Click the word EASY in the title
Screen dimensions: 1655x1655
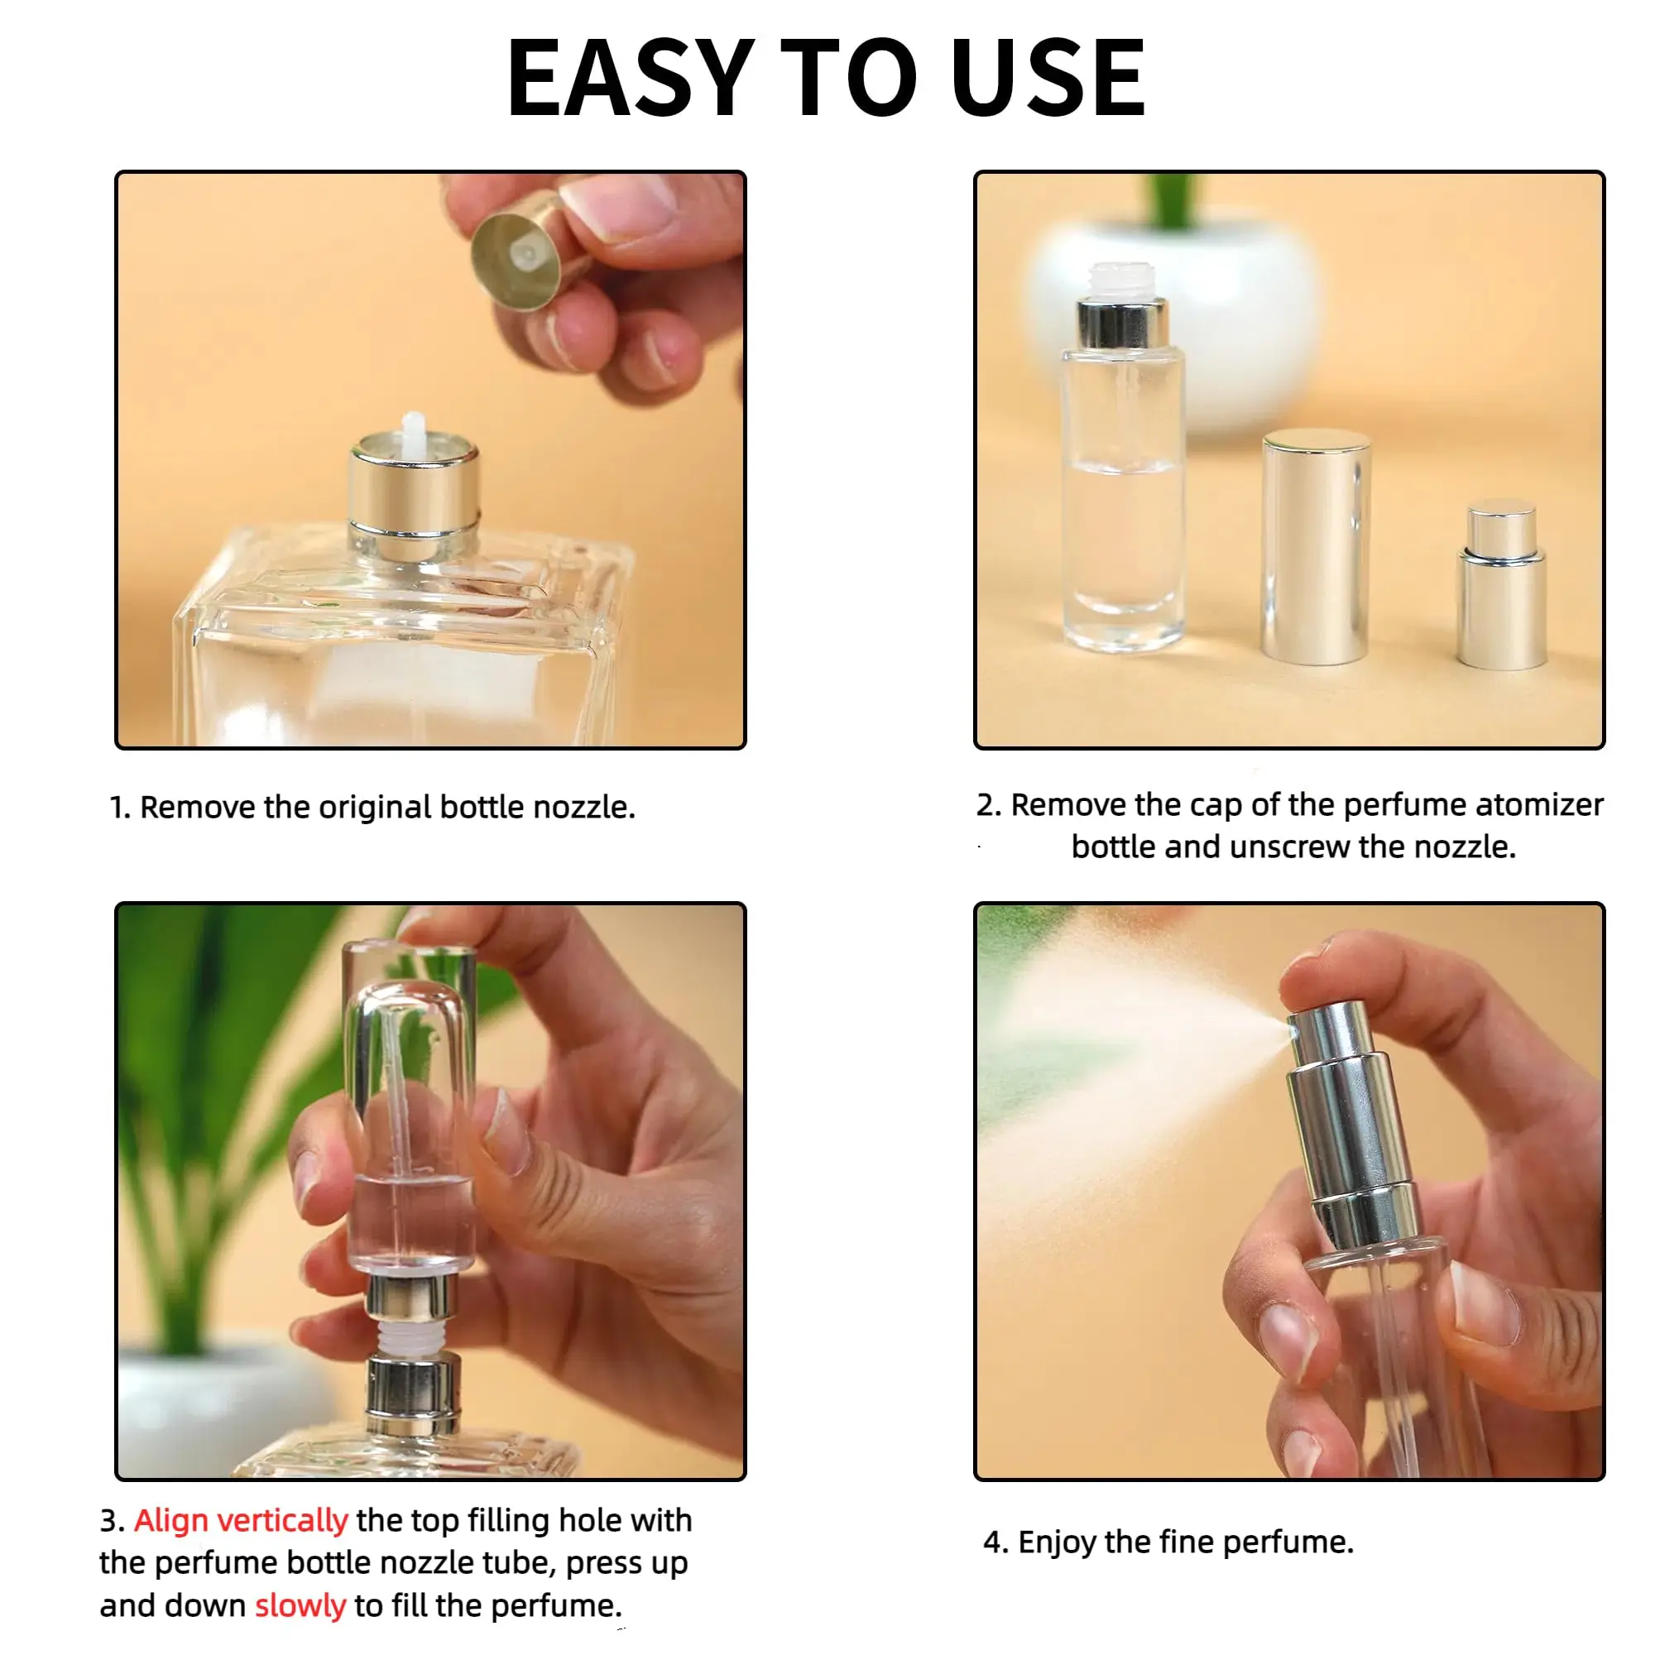[x=630, y=79]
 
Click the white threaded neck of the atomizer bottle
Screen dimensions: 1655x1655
[x=1121, y=279]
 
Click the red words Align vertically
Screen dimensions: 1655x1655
[x=241, y=1519]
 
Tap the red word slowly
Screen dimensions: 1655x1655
[x=300, y=1605]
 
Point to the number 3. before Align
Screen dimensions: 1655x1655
[x=113, y=1519]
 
